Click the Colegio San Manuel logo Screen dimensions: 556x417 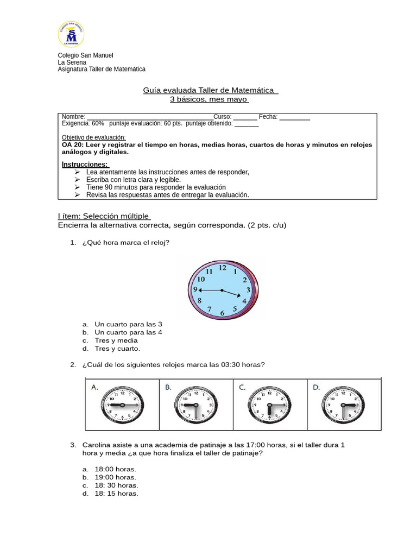pyautogui.click(x=71, y=34)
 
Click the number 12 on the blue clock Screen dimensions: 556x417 pyautogui.click(x=223, y=268)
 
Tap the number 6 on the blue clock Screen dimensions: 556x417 pyautogui.click(x=222, y=313)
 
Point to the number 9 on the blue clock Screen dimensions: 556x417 pyautogui.click(x=196, y=290)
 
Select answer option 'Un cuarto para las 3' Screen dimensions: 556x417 pyautogui.click(x=128, y=324)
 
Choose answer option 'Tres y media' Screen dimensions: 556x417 pyautogui.click(x=116, y=340)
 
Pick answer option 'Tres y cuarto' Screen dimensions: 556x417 pyautogui.click(x=117, y=349)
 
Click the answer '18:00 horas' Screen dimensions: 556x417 pyautogui.click(x=115, y=469)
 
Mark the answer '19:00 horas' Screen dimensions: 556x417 pyautogui.click(x=115, y=477)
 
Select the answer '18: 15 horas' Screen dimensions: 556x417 pyautogui.click(x=116, y=494)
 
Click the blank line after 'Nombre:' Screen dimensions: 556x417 pyautogui.click(x=149, y=117)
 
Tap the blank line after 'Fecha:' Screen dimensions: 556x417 pyautogui.click(x=295, y=117)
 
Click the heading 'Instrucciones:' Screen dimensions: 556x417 pyautogui.click(x=85, y=165)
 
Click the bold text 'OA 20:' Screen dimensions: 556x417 pyautogui.click(x=72, y=146)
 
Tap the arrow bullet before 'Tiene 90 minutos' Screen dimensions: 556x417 pyautogui.click(x=77, y=187)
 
